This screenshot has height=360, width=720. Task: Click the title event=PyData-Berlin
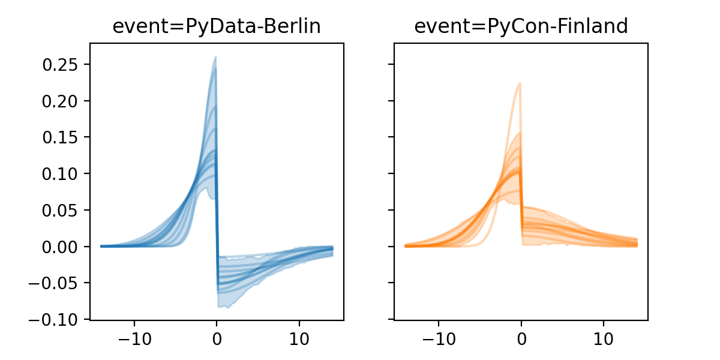pyautogui.click(x=217, y=26)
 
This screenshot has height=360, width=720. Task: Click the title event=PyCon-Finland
pyautogui.click(x=521, y=26)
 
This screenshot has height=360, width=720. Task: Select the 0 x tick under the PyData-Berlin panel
pyautogui.click(x=217, y=337)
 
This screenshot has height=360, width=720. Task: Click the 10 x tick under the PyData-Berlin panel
pyautogui.click(x=299, y=337)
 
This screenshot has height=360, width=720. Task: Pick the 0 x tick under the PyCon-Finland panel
pyautogui.click(x=521, y=337)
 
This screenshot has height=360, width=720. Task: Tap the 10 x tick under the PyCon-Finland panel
pyautogui.click(x=604, y=337)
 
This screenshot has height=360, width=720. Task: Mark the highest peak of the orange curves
pyautogui.click(x=520, y=83)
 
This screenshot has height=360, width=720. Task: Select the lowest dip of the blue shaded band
pyautogui.click(x=226, y=308)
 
